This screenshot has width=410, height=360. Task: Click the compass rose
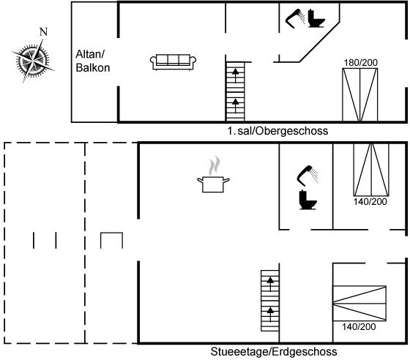point(33,61)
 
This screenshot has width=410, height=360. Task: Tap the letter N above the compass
point(43,32)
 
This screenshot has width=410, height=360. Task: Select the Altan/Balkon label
point(92,61)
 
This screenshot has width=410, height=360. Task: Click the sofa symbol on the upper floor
point(173,62)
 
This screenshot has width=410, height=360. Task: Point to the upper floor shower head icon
point(295,18)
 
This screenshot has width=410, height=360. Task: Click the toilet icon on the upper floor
point(316,18)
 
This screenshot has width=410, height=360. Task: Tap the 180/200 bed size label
point(360,63)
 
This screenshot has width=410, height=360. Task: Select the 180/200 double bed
point(360,95)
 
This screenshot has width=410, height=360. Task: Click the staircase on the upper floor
point(235,91)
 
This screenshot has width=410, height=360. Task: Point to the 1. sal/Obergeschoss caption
point(277,131)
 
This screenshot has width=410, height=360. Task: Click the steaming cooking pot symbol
point(213,175)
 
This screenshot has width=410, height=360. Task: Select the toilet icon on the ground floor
point(307,200)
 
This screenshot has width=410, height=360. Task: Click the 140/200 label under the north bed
point(370,202)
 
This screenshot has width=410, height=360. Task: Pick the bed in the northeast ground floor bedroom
point(371,170)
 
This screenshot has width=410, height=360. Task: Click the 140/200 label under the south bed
point(359,326)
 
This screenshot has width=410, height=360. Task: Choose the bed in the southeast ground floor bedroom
point(359,304)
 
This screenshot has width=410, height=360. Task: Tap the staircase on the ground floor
point(270,301)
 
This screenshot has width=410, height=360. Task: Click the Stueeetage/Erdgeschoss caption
point(274,352)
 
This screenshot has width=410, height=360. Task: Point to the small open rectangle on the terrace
point(111,233)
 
